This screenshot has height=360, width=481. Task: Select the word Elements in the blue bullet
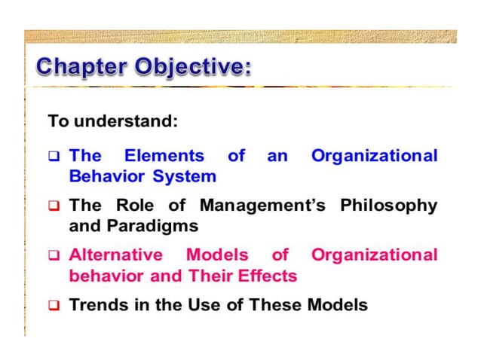click(164, 156)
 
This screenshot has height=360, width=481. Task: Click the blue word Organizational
click(374, 156)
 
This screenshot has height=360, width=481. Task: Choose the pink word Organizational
click(374, 255)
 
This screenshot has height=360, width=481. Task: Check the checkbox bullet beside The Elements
click(54, 157)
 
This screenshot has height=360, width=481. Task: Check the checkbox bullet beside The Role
click(54, 206)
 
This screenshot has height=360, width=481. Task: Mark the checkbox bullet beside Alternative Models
click(54, 255)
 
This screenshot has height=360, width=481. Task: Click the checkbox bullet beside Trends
click(54, 306)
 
